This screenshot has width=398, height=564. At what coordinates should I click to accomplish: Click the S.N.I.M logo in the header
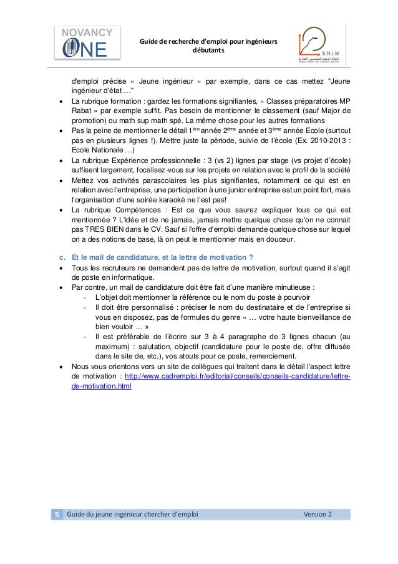[x=321, y=46]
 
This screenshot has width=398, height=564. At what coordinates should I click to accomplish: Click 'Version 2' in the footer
[x=318, y=514]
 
